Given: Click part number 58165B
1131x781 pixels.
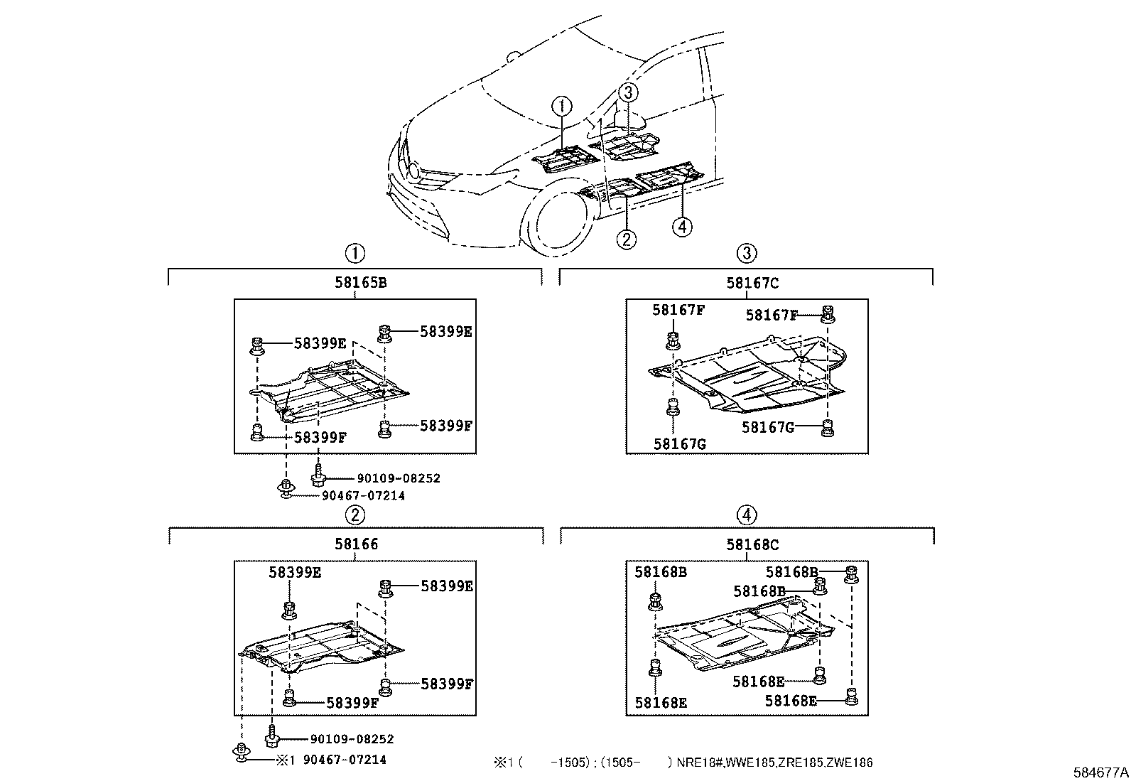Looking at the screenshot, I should click(360, 283).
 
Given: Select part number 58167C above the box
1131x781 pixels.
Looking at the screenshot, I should click(752, 283).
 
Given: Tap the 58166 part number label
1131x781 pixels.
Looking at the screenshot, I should click(357, 544).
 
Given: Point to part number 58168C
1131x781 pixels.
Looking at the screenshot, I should click(752, 545).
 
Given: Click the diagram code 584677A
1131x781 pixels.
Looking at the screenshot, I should click(1100, 771).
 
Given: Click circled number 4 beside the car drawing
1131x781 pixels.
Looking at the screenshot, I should click(681, 227).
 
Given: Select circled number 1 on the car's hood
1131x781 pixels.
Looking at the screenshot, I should click(562, 107).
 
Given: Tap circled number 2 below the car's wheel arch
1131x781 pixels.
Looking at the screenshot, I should click(625, 239).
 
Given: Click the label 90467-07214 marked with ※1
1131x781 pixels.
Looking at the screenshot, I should click(345, 760).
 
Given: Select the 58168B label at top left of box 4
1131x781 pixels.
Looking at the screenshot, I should click(661, 571).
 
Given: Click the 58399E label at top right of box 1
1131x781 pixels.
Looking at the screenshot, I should click(445, 331).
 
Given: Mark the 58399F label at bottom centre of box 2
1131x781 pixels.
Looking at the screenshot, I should click(352, 703).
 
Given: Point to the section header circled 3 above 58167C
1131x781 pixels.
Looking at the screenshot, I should click(746, 252).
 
